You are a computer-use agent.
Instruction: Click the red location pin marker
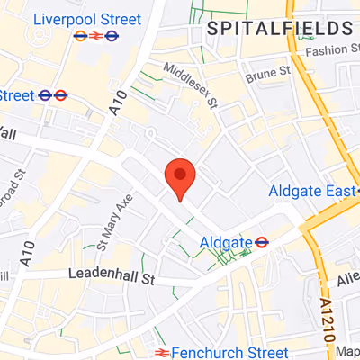point(180,176)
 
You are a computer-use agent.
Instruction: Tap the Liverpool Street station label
point(86,19)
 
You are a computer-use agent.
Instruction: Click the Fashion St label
point(331,50)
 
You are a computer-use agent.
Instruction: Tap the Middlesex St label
point(190,83)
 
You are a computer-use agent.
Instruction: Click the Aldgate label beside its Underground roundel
point(224,242)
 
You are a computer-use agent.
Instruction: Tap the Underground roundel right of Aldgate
point(261,241)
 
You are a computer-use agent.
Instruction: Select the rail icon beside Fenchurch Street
point(162,351)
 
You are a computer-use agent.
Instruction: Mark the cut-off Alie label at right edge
point(349,280)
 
